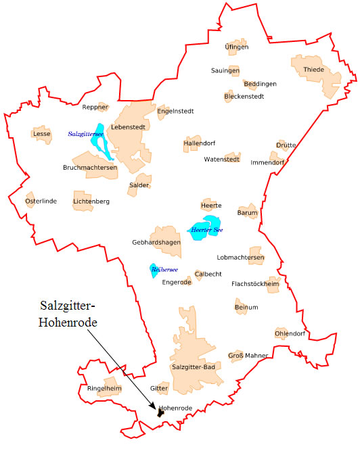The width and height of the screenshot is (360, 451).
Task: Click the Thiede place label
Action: [313, 70]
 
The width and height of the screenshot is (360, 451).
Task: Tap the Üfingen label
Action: [237, 47]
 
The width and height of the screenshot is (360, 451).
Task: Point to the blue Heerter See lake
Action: [206, 227]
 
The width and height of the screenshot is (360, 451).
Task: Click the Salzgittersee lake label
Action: [85, 135]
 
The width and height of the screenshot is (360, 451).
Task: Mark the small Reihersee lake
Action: [155, 270]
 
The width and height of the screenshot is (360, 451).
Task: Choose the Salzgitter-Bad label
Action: [194, 367]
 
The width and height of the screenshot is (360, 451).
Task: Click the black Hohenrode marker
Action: [160, 412]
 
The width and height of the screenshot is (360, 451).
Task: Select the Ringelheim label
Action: [104, 388]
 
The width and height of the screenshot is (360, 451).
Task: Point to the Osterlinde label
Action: [41, 201]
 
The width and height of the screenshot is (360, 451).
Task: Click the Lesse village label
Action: [41, 134]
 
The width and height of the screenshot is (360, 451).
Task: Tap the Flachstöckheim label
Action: [255, 284]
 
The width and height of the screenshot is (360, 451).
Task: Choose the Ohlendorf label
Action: [290, 333]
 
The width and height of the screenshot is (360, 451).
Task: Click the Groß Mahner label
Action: [248, 355]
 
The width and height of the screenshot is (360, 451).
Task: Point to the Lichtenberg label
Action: [91, 201]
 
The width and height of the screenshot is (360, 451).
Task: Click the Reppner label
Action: [95, 107]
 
